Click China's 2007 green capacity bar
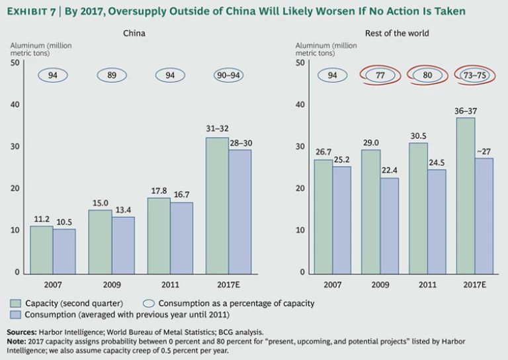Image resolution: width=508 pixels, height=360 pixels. click(42, 249)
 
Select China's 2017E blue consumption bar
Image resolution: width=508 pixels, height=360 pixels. click(239, 211)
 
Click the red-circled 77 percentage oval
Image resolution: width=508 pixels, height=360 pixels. click(380, 75)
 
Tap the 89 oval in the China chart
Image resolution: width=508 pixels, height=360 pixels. click(112, 75)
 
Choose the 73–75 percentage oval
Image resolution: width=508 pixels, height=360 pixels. click(475, 75)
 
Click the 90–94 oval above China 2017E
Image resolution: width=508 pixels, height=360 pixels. click(228, 75)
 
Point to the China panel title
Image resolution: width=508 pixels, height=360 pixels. click(134, 33)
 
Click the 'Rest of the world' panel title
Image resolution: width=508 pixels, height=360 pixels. click(397, 33)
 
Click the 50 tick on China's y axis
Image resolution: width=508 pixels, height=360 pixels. click(15, 63)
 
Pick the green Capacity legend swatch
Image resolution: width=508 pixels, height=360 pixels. click(15, 303)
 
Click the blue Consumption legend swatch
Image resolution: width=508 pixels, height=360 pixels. click(15, 314)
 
